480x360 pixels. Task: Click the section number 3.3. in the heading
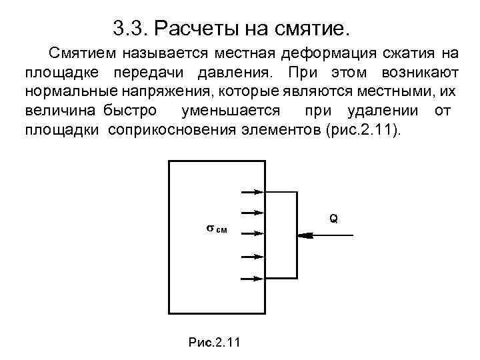click(130, 29)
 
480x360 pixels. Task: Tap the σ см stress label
click(215, 229)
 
